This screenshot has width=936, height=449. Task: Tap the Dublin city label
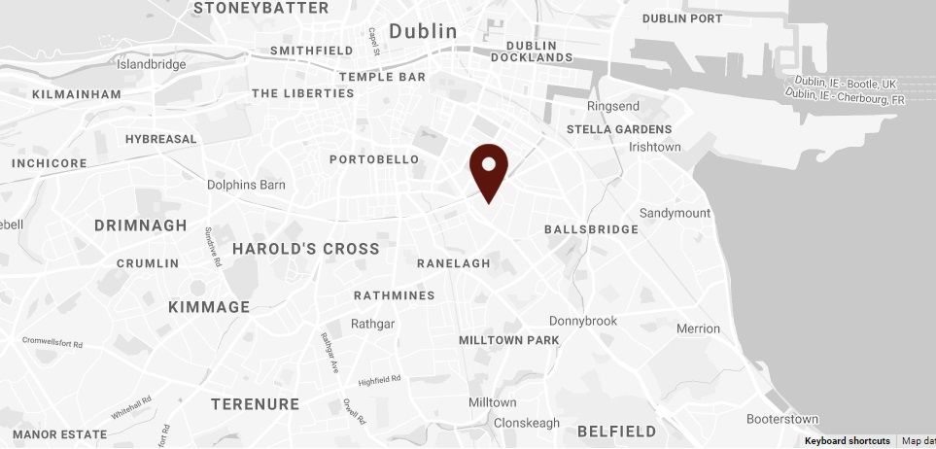pyautogui.click(x=423, y=31)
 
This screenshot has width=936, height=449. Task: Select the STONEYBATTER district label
pyautogui.click(x=260, y=8)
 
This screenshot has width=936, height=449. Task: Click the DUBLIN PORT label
pyautogui.click(x=683, y=18)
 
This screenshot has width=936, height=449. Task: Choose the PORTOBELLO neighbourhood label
pyautogui.click(x=374, y=159)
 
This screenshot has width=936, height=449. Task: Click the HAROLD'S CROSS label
pyautogui.click(x=305, y=249)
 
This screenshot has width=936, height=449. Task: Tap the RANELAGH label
pyautogui.click(x=453, y=264)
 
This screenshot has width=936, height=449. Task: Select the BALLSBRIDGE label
pyautogui.click(x=591, y=230)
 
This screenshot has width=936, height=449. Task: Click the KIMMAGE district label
pyautogui.click(x=209, y=307)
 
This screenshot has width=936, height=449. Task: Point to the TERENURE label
pyautogui.click(x=255, y=404)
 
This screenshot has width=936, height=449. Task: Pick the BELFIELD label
pyautogui.click(x=616, y=431)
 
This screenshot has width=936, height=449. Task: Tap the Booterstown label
pyautogui.click(x=783, y=420)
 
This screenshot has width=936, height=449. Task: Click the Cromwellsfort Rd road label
pyautogui.click(x=53, y=342)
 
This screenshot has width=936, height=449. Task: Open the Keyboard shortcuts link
pyautogui.click(x=847, y=441)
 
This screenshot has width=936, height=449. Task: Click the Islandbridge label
pyautogui.click(x=151, y=65)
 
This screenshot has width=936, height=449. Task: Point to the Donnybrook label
pyautogui.click(x=583, y=321)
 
